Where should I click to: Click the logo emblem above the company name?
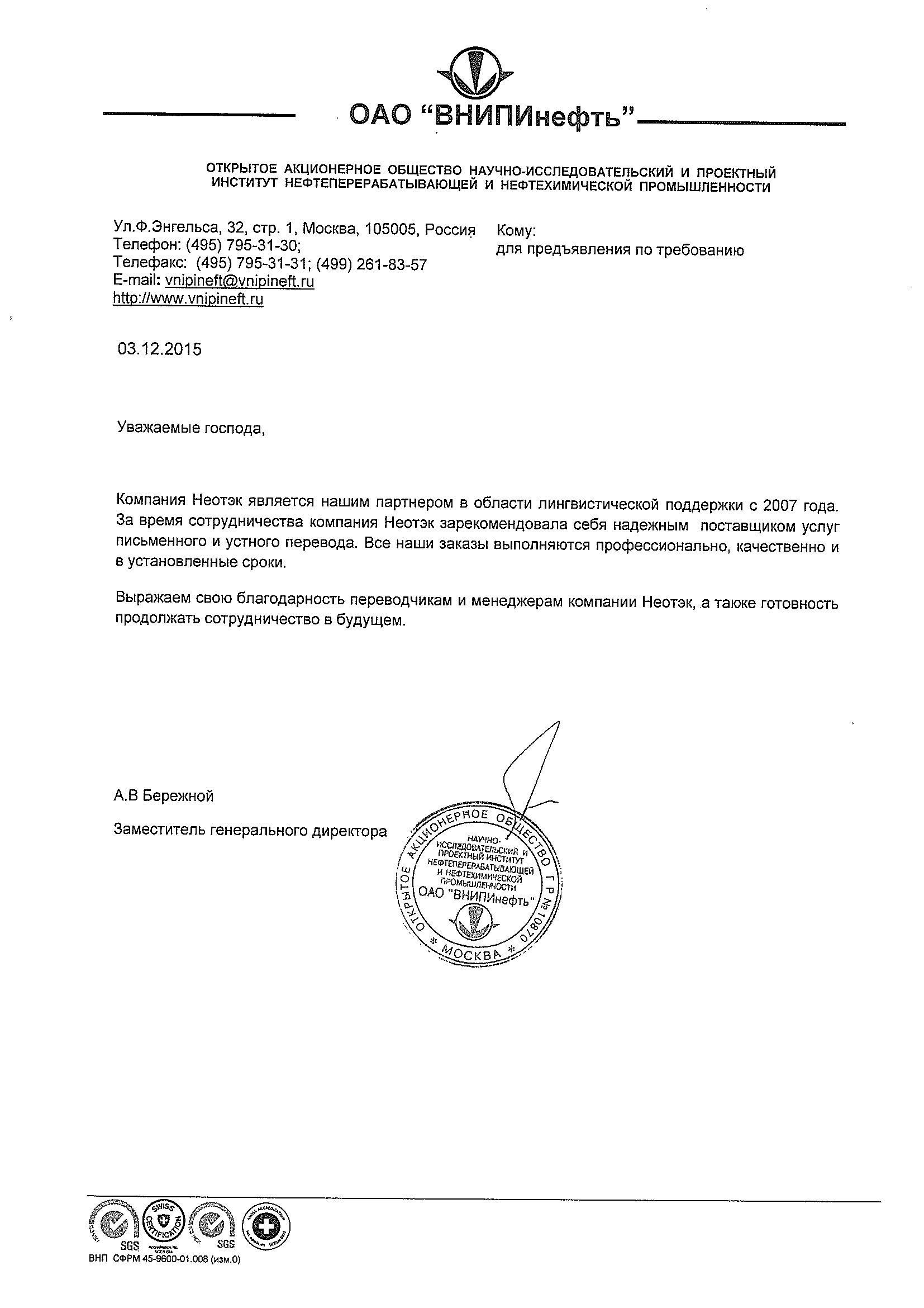475,74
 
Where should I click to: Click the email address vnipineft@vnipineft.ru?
239,281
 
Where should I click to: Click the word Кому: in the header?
516,231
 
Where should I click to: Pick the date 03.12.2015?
159,349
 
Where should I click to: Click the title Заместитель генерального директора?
250,831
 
